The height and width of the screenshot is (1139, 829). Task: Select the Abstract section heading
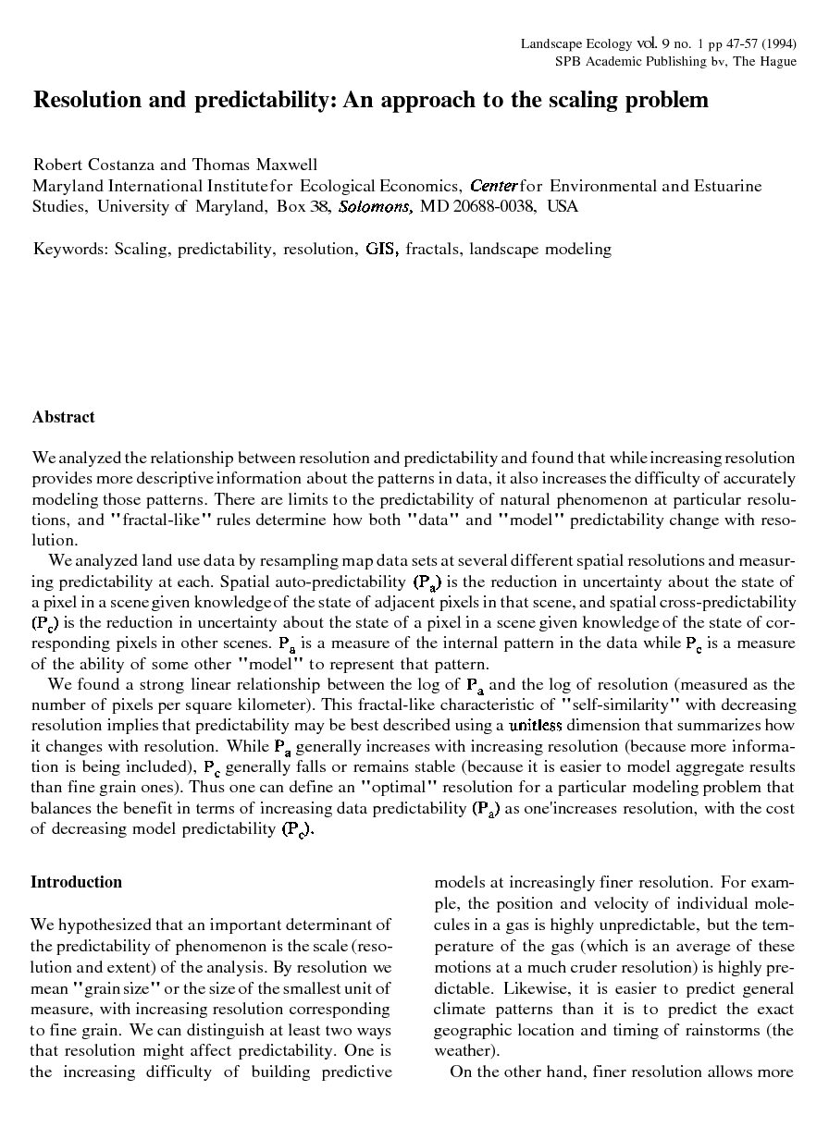[x=63, y=417]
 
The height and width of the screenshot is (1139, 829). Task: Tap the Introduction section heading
[x=76, y=882]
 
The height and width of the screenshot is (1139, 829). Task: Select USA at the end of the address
[x=563, y=206]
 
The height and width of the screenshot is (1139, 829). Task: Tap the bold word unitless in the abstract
[x=535, y=726]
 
